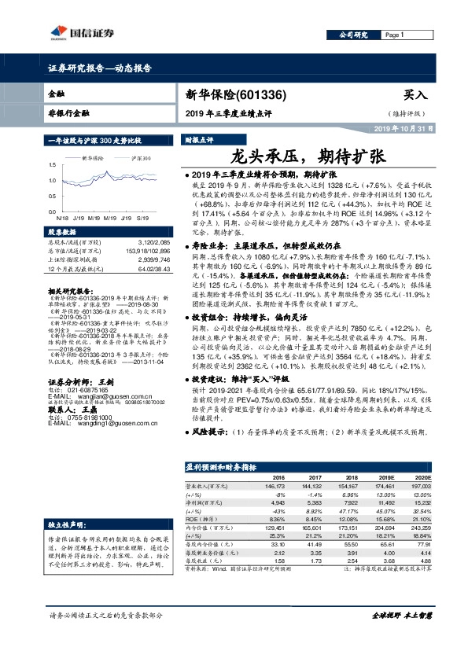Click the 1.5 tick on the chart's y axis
click(52, 164)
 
